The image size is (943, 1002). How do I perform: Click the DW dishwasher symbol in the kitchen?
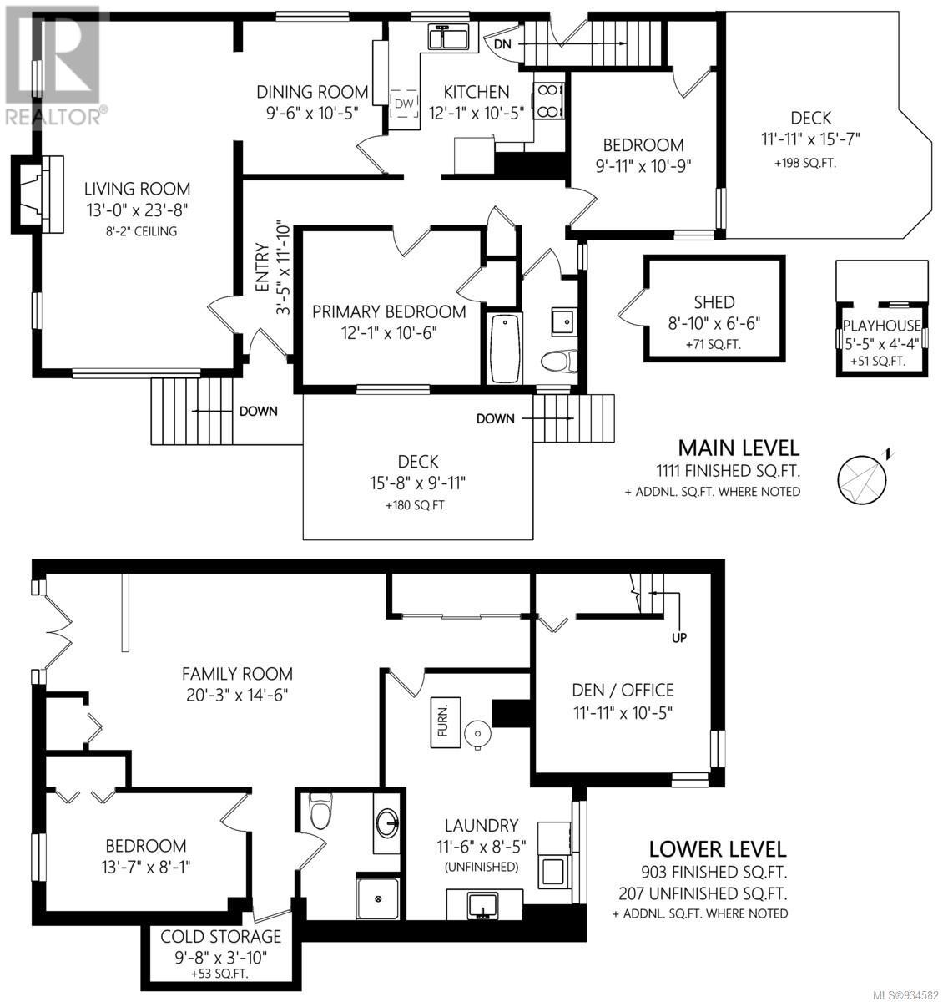point(404,104)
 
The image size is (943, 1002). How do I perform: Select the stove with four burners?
point(548,100)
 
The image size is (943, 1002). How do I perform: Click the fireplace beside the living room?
point(38,195)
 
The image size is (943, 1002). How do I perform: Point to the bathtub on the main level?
point(505,349)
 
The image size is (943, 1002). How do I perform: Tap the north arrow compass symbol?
point(864,477)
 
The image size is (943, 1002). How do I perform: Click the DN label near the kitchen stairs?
point(502,44)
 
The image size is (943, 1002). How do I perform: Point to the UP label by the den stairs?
point(678,638)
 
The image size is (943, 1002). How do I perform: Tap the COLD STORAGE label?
point(220,936)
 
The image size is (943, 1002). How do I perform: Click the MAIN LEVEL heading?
point(739,448)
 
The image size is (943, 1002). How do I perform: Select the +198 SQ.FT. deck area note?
point(805,163)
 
